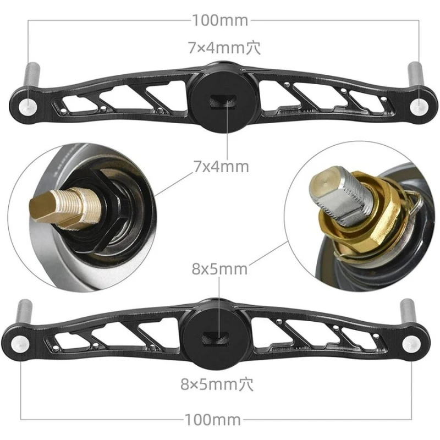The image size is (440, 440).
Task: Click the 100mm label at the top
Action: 220,21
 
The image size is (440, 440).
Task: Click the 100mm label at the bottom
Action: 220,420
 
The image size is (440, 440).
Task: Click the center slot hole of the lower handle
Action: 220,337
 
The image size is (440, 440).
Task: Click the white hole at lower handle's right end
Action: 409,343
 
